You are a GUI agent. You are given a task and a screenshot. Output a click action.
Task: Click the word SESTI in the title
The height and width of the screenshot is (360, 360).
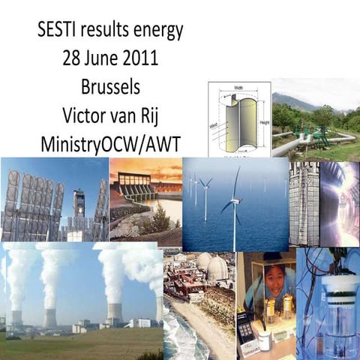point(58,31)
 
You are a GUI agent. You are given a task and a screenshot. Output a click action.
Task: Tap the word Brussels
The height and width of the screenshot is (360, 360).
point(110,86)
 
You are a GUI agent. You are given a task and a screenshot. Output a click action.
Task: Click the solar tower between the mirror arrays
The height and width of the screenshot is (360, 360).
point(78,207)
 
